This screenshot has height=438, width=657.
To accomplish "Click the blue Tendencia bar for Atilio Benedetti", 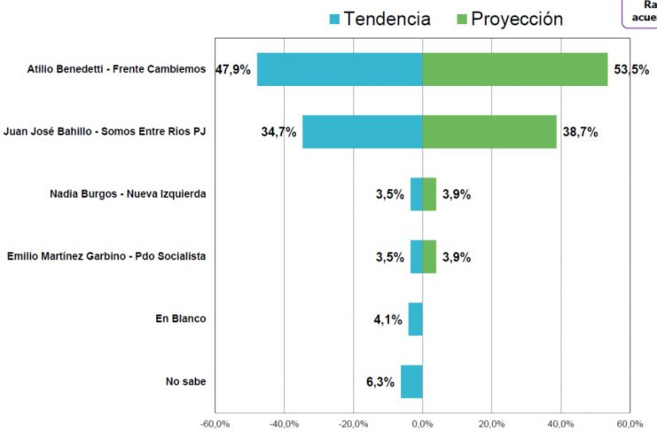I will [x=340, y=69].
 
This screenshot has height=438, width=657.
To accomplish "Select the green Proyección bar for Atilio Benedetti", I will [x=514, y=69].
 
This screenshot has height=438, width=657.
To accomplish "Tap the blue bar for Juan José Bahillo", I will [x=362, y=132].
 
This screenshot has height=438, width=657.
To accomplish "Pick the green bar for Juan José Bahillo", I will [x=489, y=132].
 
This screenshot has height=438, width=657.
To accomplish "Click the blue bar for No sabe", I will [x=411, y=382].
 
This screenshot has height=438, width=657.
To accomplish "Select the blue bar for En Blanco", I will [x=415, y=319].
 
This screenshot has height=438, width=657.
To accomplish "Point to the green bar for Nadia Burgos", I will [x=429, y=194].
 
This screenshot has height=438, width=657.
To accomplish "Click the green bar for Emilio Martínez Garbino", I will [x=429, y=257].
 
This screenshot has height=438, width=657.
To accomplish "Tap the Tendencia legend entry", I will [x=379, y=19].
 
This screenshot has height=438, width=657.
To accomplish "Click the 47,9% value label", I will [x=235, y=69].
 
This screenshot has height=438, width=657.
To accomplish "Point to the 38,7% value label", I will [x=580, y=132].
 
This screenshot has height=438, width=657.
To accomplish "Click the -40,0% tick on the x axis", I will [x=285, y=424].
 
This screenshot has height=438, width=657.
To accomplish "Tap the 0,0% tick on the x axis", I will [x=423, y=424].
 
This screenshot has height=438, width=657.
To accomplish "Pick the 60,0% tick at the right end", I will [x=630, y=424].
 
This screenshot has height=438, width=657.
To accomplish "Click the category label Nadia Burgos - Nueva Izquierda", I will [x=128, y=194].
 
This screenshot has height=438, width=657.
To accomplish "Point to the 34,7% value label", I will [x=278, y=132].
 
